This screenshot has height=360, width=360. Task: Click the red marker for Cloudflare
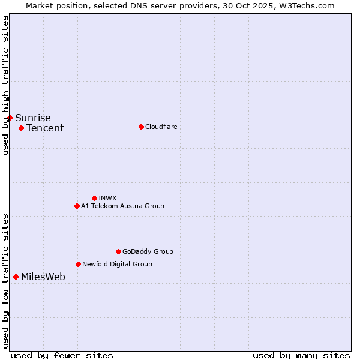click(141, 127)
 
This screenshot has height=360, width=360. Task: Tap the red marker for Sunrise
click(10, 118)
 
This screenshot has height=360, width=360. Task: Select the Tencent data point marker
click(21, 128)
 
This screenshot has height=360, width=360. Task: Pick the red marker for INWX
click(94, 198)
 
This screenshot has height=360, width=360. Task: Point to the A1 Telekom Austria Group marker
click(77, 206)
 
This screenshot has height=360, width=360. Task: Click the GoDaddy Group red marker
click(118, 251)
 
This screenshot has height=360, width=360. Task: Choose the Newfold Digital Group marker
click(78, 264)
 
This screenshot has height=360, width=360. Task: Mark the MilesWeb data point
click(16, 277)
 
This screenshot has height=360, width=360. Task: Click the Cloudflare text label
click(161, 127)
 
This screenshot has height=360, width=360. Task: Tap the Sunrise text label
click(33, 118)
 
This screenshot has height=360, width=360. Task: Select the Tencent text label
click(45, 128)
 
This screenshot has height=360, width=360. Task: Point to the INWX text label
click(107, 198)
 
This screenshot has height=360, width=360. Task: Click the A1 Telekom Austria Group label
click(122, 206)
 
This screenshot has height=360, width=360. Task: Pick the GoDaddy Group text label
click(148, 251)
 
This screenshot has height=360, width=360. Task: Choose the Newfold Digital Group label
click(117, 264)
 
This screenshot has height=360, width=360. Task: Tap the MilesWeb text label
click(43, 277)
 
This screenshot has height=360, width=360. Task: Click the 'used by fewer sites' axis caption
click(62, 355)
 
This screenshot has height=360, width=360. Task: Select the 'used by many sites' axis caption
click(301, 355)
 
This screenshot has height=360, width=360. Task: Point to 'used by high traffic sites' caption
click(5, 85)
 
